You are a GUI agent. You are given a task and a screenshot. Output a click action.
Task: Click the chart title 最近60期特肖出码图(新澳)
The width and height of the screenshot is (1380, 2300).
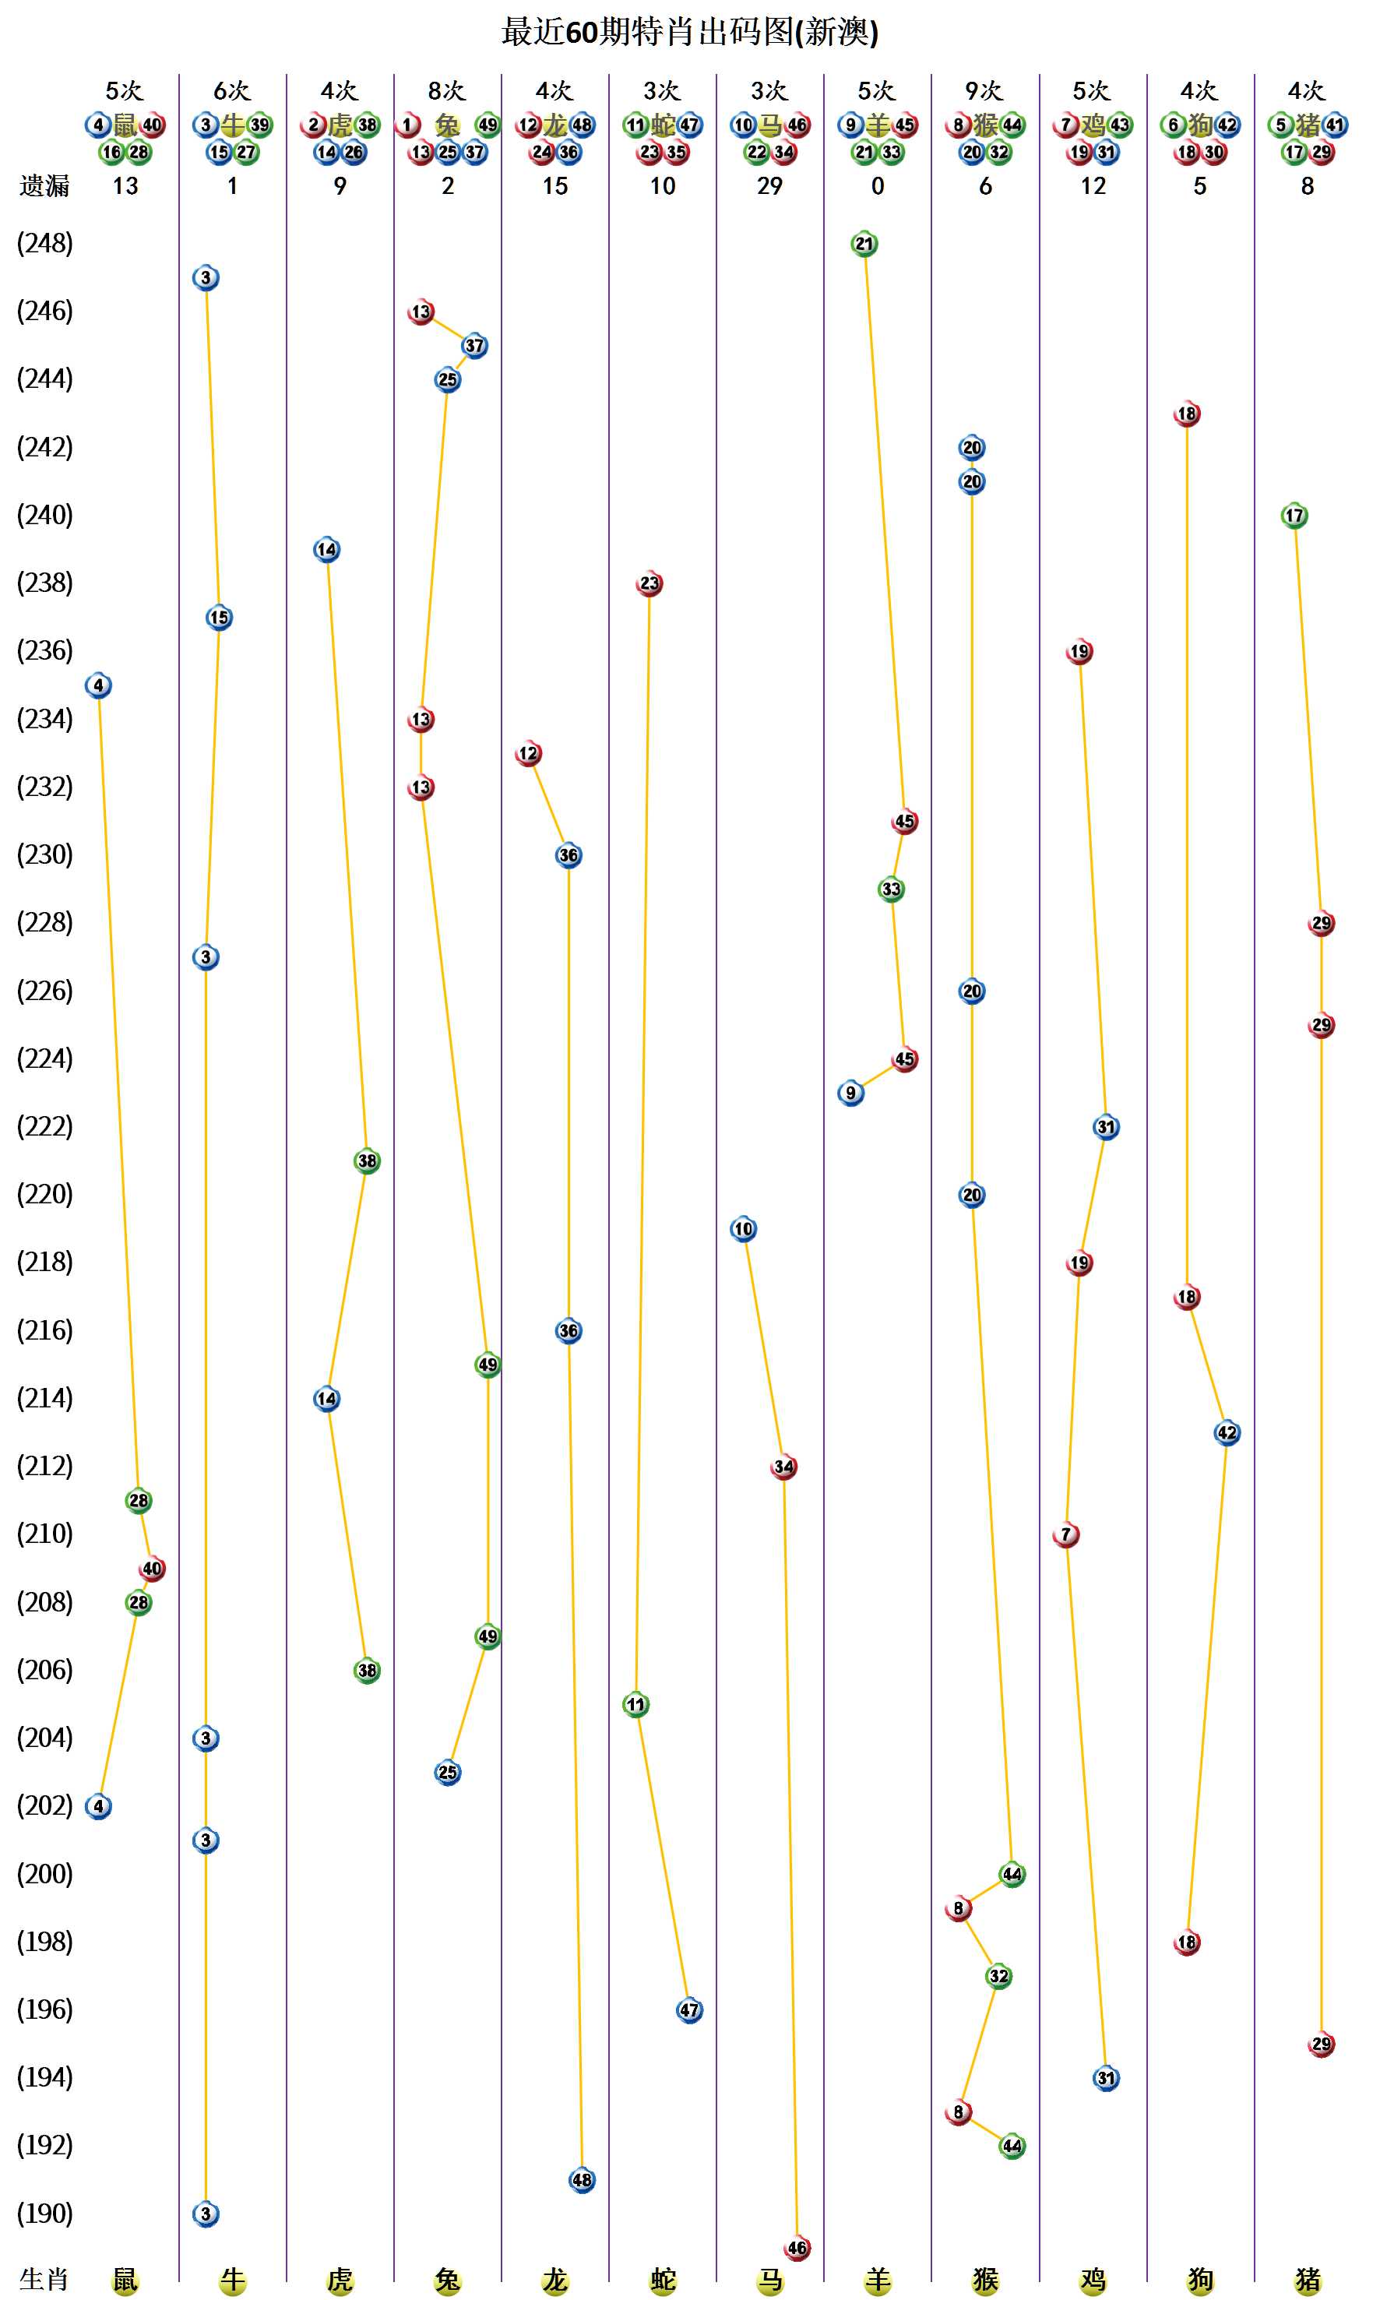pyautogui.click(x=689, y=33)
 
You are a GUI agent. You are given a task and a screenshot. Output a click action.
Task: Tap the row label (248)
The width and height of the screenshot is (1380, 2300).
pyautogui.click(x=44, y=244)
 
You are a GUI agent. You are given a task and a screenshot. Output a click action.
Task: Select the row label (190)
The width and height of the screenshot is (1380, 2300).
pyautogui.click(x=44, y=2214)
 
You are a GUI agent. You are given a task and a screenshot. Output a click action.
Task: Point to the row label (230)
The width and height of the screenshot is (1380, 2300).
pyautogui.click(x=44, y=854)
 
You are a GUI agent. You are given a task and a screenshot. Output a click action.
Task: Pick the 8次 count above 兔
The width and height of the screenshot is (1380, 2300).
pyautogui.click(x=446, y=91)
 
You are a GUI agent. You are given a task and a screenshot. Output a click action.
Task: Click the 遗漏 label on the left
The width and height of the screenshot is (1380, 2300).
pyautogui.click(x=44, y=187)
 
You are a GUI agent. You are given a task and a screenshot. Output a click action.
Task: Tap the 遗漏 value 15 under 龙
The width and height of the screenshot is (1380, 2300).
pyautogui.click(x=554, y=187)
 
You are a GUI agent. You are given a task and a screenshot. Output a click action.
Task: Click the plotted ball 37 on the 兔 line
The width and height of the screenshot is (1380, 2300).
pyautogui.click(x=474, y=346)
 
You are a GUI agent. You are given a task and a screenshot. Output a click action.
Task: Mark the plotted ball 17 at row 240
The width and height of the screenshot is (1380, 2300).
pyautogui.click(x=1294, y=516)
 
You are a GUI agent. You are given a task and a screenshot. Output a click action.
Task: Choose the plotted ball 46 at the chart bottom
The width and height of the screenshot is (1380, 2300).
pyautogui.click(x=797, y=2248)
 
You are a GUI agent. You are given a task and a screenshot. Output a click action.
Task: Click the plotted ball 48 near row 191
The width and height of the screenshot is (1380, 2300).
pyautogui.click(x=581, y=2180)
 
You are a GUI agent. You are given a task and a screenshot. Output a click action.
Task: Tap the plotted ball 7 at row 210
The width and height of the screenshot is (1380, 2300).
pyautogui.click(x=1065, y=1534)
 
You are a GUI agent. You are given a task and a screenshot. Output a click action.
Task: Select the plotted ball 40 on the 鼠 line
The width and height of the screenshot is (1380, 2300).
pyautogui.click(x=152, y=1569)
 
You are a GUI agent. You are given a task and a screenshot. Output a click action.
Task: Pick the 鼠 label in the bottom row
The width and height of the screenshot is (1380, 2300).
pyautogui.click(x=125, y=2280)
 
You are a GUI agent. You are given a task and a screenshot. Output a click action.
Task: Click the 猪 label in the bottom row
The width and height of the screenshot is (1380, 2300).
pyautogui.click(x=1307, y=2280)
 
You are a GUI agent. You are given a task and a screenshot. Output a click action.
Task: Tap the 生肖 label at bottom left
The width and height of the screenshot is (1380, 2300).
pyautogui.click(x=44, y=2280)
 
